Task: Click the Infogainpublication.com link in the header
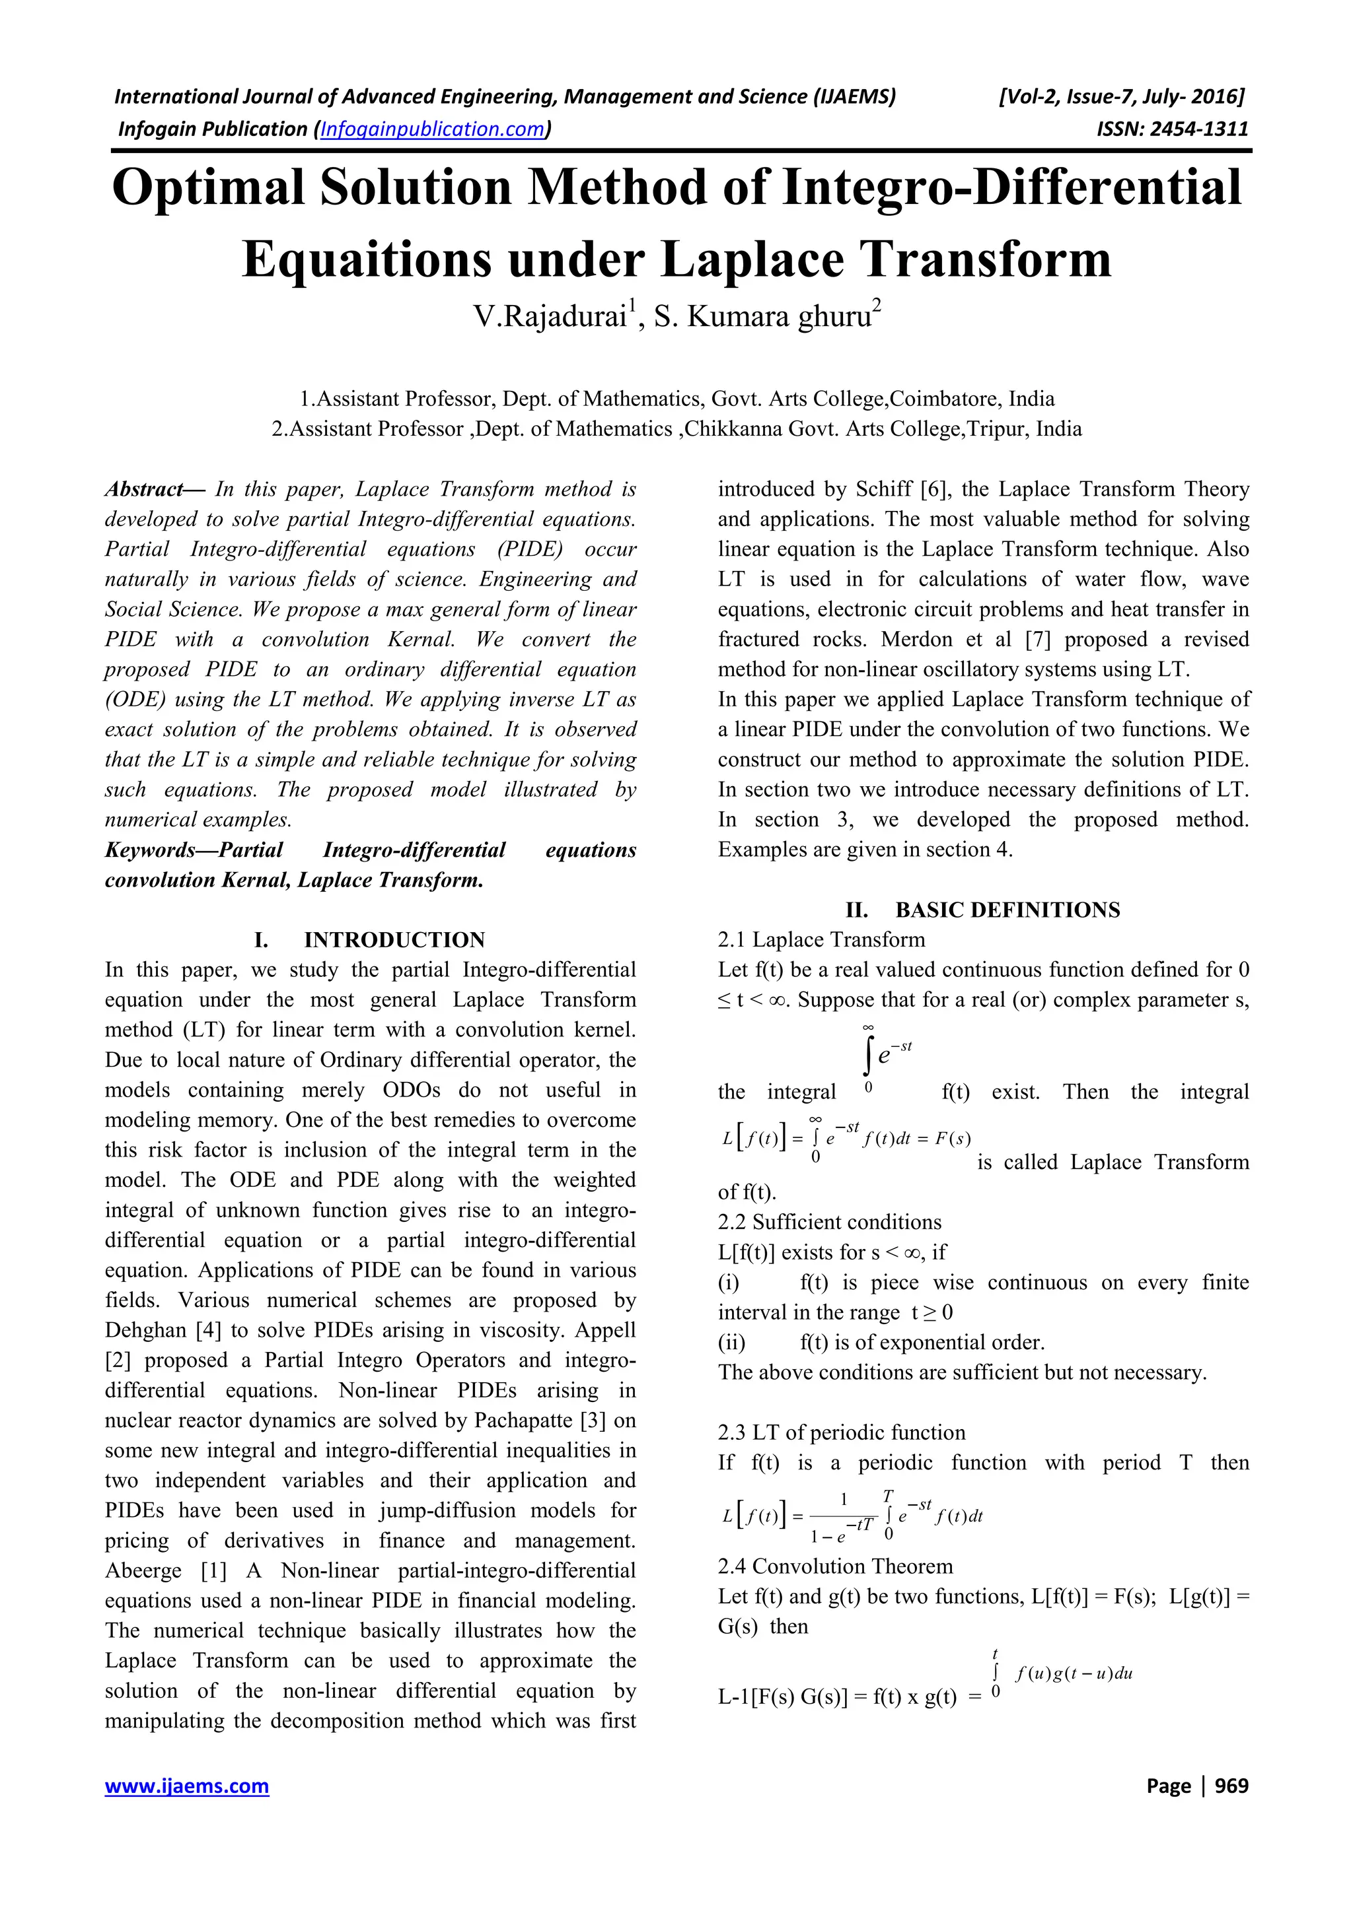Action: coord(433,129)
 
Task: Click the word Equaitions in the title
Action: coord(367,259)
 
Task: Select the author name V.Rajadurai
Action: coord(550,318)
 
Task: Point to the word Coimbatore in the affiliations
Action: coord(945,399)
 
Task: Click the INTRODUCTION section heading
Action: coord(394,940)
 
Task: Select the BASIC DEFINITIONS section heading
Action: coord(1007,910)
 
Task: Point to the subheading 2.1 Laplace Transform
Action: coord(821,940)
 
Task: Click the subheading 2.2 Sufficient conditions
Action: coord(830,1223)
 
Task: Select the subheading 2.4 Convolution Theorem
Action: coord(834,1566)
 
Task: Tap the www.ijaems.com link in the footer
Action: coord(187,1786)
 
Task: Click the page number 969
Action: coord(1231,1786)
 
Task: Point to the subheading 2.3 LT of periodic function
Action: coord(841,1432)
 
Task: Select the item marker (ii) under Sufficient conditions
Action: coord(732,1342)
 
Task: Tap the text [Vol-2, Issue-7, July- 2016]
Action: coord(1121,96)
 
